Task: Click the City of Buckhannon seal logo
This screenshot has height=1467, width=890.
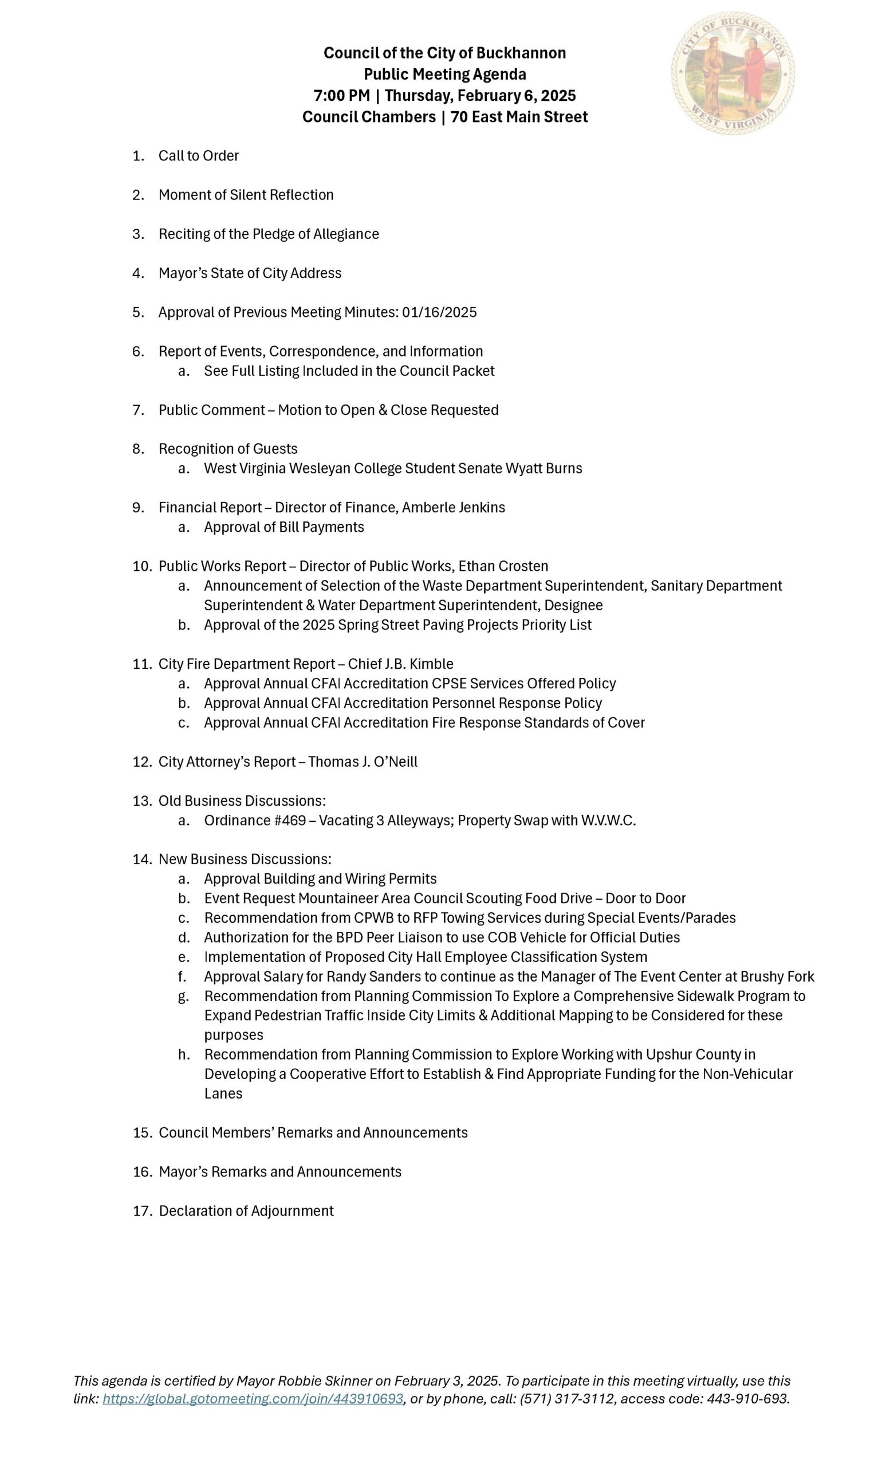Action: tap(733, 73)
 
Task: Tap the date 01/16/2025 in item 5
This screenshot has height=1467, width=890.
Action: tap(439, 312)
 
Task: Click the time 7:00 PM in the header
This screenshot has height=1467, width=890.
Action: tap(341, 96)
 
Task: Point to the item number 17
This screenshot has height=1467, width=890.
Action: tap(141, 1211)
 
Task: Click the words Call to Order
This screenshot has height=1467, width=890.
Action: tap(198, 156)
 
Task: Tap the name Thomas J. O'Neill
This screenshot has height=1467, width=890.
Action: tap(363, 762)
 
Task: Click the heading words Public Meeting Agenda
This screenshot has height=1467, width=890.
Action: tap(444, 74)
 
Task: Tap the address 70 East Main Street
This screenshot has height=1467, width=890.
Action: tap(519, 117)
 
